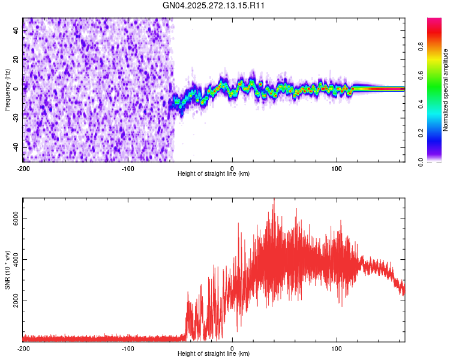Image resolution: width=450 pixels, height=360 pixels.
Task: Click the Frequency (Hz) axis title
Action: tap(7, 89)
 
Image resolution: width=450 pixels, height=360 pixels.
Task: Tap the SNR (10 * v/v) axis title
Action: tap(7, 269)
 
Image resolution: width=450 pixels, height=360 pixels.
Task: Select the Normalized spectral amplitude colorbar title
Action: tap(446, 90)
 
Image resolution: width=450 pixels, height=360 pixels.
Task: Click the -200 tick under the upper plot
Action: tap(23, 167)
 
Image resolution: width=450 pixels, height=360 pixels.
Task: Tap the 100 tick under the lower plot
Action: tap(337, 348)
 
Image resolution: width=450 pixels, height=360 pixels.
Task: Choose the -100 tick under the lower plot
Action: tap(128, 348)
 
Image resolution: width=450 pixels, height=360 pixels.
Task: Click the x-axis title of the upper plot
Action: tap(214, 173)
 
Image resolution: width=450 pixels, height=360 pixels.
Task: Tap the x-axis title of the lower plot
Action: tap(214, 354)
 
